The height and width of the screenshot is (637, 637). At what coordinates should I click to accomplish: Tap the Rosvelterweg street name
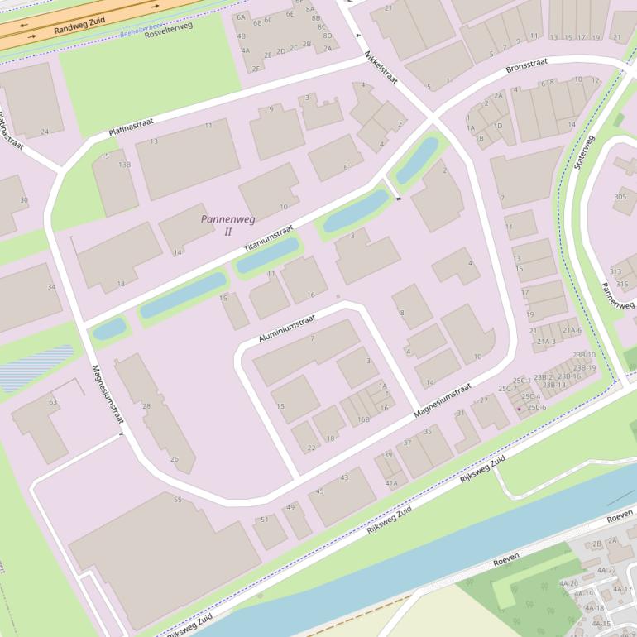click(168, 31)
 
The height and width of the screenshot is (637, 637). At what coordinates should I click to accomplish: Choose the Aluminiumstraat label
click(287, 328)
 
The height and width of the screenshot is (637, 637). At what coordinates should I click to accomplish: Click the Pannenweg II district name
click(227, 224)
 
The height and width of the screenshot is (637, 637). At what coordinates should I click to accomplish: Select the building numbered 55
click(177, 500)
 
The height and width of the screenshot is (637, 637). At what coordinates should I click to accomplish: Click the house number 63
click(53, 402)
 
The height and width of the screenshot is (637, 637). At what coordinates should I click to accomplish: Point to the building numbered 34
click(52, 287)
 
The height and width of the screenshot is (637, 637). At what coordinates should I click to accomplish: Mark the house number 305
click(620, 197)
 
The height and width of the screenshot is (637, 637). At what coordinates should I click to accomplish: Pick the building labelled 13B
click(124, 165)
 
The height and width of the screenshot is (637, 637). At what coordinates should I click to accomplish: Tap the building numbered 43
click(344, 477)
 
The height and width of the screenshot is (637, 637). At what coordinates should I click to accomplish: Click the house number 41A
click(390, 483)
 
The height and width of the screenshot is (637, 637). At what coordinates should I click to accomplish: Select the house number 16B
click(363, 420)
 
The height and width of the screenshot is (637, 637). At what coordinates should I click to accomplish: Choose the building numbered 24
click(45, 132)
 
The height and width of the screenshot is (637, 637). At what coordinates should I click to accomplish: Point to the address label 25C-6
click(537, 407)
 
